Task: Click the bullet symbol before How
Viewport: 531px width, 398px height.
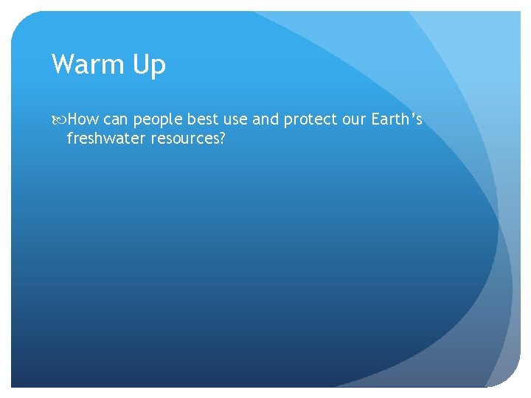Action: (59, 119)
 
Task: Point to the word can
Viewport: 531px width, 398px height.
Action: (116, 119)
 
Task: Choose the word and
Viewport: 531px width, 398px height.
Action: (265, 119)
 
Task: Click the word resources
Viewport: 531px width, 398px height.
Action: (184, 138)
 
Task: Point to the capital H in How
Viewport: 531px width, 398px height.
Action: (72, 119)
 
